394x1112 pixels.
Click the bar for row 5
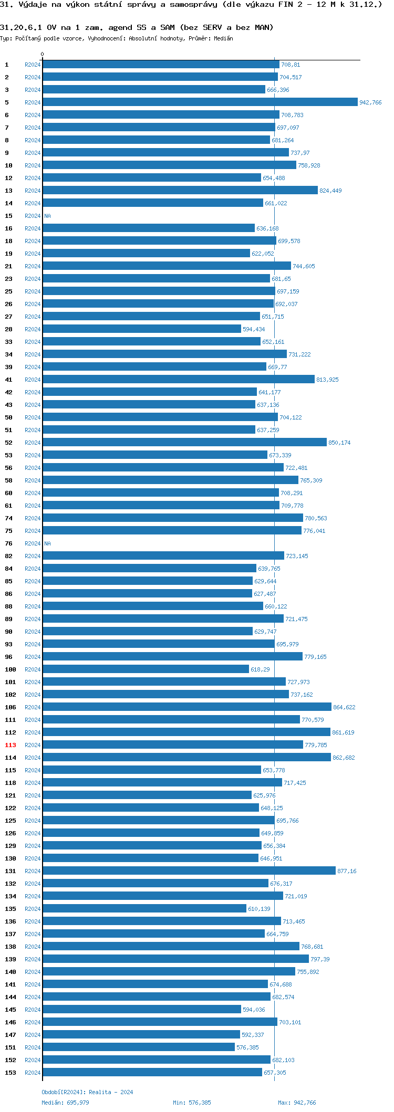(x=200, y=102)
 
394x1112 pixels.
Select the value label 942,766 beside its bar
(x=370, y=102)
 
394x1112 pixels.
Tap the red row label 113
(x=11, y=745)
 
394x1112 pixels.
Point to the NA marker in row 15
(x=47, y=216)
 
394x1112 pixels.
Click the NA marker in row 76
(x=47, y=543)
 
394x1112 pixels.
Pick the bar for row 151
(x=139, y=1047)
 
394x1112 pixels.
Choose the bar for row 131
(x=189, y=871)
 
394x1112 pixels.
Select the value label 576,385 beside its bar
(x=247, y=1047)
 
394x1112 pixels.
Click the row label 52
(x=8, y=443)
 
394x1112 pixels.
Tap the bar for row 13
(x=180, y=191)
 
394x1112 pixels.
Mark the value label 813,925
(x=327, y=380)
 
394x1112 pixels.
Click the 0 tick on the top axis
(x=43, y=54)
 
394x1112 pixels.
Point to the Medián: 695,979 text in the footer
(x=65, y=1103)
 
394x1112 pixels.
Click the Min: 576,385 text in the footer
(x=192, y=1103)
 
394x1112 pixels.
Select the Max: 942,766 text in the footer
(x=297, y=1103)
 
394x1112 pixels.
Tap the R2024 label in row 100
(x=33, y=669)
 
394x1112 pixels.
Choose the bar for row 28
(x=142, y=329)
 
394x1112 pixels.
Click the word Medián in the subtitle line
(x=223, y=38)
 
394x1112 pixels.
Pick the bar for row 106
(x=187, y=707)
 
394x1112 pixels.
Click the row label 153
(x=11, y=1073)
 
